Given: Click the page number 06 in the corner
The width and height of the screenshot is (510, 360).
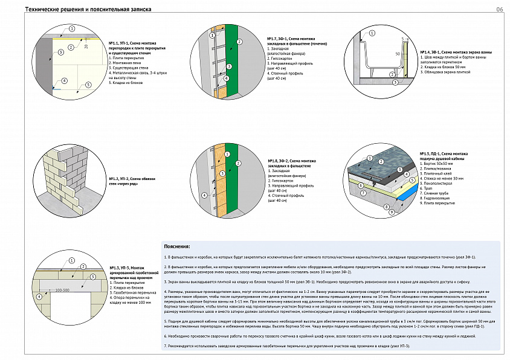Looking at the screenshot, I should [x=499, y=10].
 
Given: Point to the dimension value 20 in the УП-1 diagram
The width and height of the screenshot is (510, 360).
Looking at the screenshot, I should [x=86, y=46].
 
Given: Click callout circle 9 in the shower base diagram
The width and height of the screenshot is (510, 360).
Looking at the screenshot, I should [x=391, y=213].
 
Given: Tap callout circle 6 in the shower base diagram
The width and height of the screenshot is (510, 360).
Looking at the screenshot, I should [x=361, y=185].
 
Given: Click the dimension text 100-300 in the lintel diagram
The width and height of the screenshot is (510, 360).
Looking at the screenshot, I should [x=62, y=291].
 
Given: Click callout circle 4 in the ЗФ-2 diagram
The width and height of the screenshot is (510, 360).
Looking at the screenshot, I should [x=204, y=195].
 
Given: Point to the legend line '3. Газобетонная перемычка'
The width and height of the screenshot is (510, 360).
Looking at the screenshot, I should [x=131, y=292].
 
